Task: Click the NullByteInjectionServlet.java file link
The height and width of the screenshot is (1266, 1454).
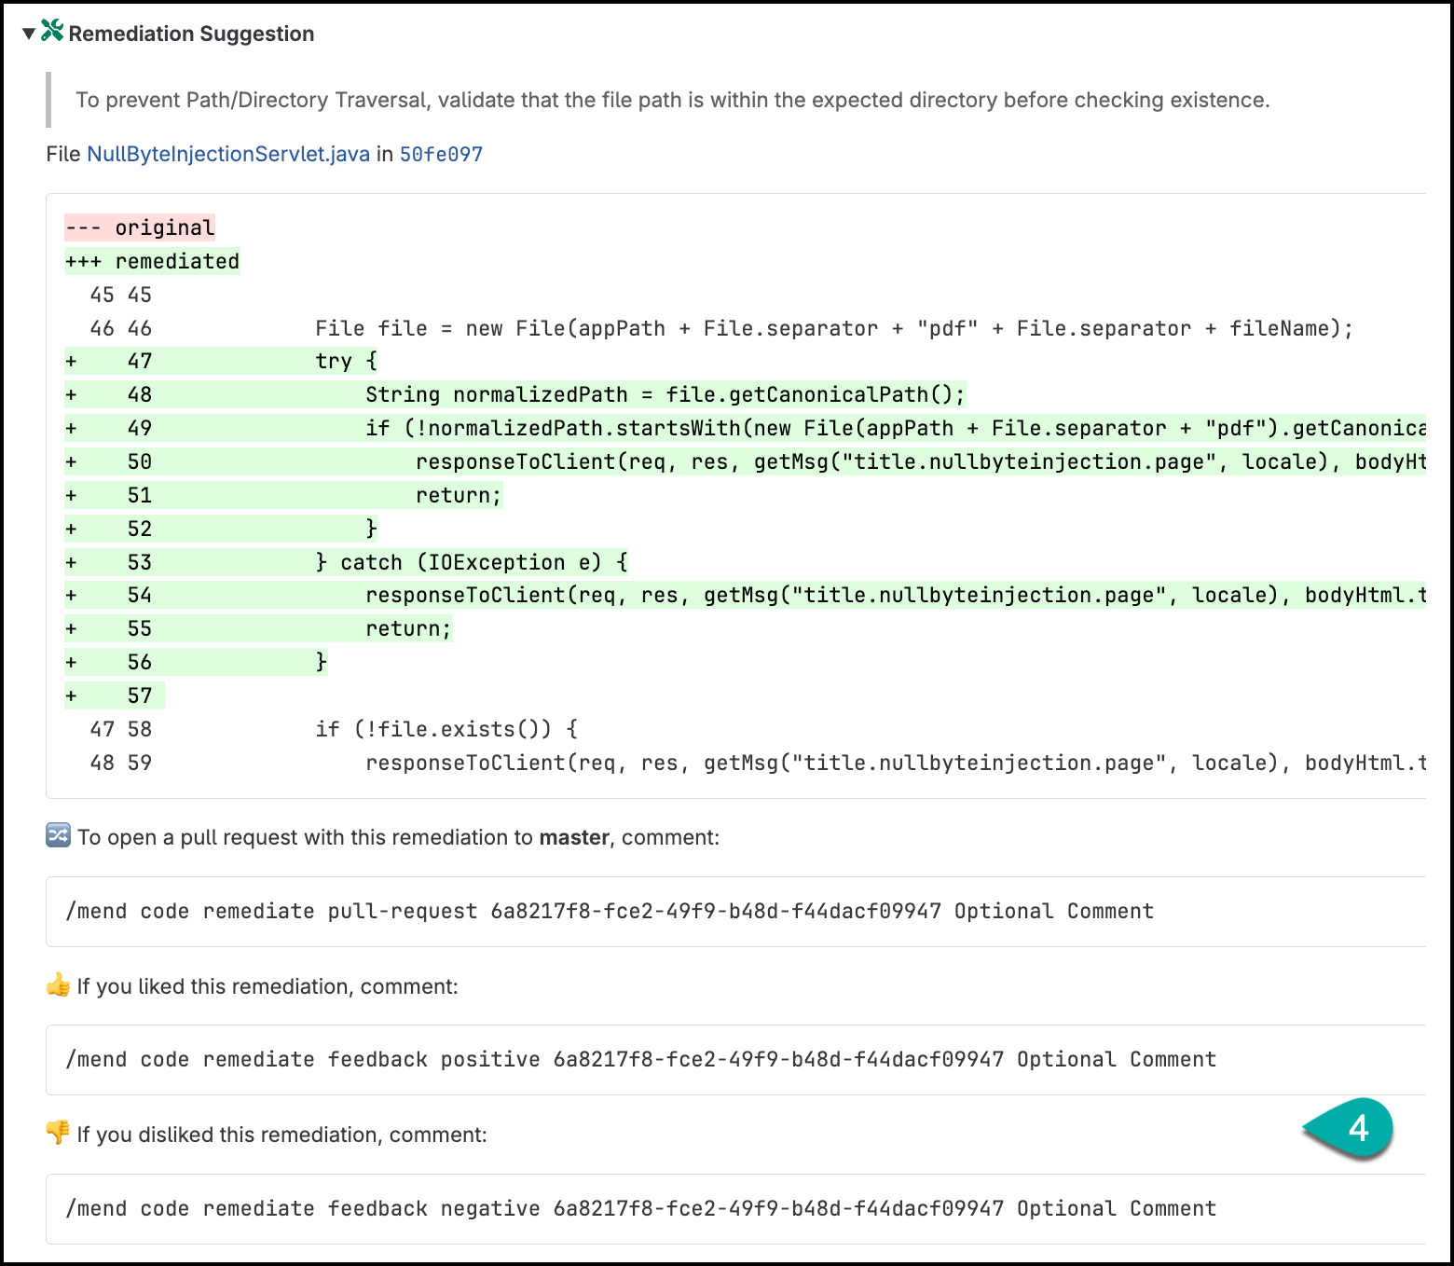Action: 228,154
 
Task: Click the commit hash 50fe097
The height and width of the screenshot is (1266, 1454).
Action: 441,154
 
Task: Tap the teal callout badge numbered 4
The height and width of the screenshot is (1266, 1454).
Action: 1350,1128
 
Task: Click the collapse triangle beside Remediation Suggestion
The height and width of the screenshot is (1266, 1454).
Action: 29,34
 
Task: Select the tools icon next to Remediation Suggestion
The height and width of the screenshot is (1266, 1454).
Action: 52,31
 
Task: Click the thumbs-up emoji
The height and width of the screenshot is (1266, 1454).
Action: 59,985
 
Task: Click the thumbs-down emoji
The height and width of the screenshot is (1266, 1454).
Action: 59,1133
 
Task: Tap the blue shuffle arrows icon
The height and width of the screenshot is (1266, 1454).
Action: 59,835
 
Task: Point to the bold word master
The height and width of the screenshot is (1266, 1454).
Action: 574,837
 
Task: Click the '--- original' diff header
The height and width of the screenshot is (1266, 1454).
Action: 140,227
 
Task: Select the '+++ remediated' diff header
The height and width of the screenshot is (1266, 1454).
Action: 152,262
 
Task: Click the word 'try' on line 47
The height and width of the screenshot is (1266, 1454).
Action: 334,361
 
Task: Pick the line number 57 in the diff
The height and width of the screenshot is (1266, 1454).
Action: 140,695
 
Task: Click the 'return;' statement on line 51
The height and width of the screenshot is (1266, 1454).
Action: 460,495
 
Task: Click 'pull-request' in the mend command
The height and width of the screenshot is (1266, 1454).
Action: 403,912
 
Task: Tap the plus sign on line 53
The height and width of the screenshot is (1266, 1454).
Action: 71,562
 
